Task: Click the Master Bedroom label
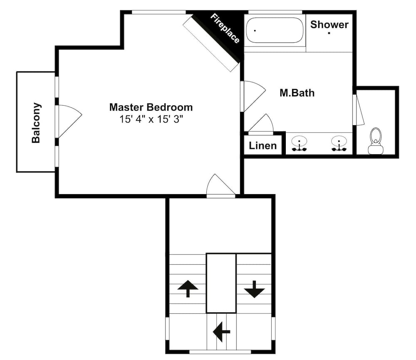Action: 151,107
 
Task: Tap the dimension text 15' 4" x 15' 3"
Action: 151,119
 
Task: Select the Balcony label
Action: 36,123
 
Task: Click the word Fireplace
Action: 225,28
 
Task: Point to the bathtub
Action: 275,30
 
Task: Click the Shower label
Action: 329,25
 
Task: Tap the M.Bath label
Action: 297,93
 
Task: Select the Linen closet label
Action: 262,145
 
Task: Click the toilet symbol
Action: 376,141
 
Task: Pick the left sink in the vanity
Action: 299,144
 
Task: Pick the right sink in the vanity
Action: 339,144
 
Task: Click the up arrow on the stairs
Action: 188,288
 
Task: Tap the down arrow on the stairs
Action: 255,289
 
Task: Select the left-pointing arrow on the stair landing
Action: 221,332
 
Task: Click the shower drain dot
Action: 329,33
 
